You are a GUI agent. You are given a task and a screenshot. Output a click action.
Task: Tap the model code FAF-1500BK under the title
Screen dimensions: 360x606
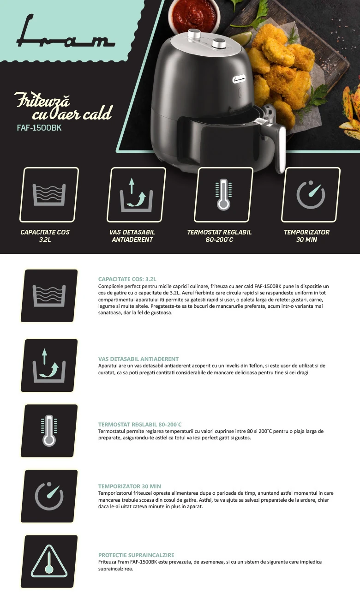coord(39,128)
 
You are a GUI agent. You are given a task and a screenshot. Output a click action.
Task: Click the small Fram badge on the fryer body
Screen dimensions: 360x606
coord(239,79)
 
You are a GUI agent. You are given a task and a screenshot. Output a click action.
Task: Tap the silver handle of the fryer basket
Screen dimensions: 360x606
coord(281,150)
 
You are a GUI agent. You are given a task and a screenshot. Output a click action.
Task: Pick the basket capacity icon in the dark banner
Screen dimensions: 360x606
coord(49,194)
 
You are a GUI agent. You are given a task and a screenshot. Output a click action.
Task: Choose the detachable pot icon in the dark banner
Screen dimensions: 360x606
coord(136,194)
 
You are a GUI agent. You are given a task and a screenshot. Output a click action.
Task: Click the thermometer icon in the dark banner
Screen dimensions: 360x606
coord(223,194)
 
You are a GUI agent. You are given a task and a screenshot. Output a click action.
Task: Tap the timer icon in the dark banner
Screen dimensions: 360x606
coord(311,194)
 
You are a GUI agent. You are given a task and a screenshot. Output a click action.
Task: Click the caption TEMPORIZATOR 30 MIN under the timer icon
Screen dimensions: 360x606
coord(306,236)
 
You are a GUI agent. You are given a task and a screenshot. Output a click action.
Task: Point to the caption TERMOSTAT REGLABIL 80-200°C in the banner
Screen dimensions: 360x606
coord(219,236)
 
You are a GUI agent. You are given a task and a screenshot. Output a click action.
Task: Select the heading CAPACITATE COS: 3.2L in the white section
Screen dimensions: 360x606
coord(127,279)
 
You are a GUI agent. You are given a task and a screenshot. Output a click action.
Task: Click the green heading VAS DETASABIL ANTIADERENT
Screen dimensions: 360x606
coord(138,359)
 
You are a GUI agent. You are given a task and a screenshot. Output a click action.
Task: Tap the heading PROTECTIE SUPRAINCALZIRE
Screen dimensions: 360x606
coord(136,555)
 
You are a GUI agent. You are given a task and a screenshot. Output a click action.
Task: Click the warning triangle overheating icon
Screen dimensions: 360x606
coord(49,561)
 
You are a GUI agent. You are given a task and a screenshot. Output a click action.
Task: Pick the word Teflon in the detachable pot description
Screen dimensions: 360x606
coord(256,366)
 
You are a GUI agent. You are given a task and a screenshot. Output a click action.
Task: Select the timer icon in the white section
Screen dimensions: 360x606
coord(49,496)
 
